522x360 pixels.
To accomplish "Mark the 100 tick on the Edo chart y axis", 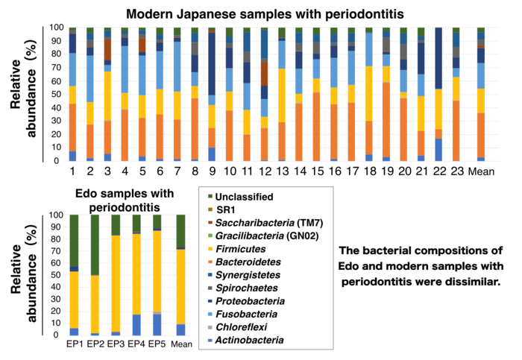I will (x=55, y=215).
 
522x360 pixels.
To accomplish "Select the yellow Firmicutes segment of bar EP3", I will (x=116, y=283).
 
